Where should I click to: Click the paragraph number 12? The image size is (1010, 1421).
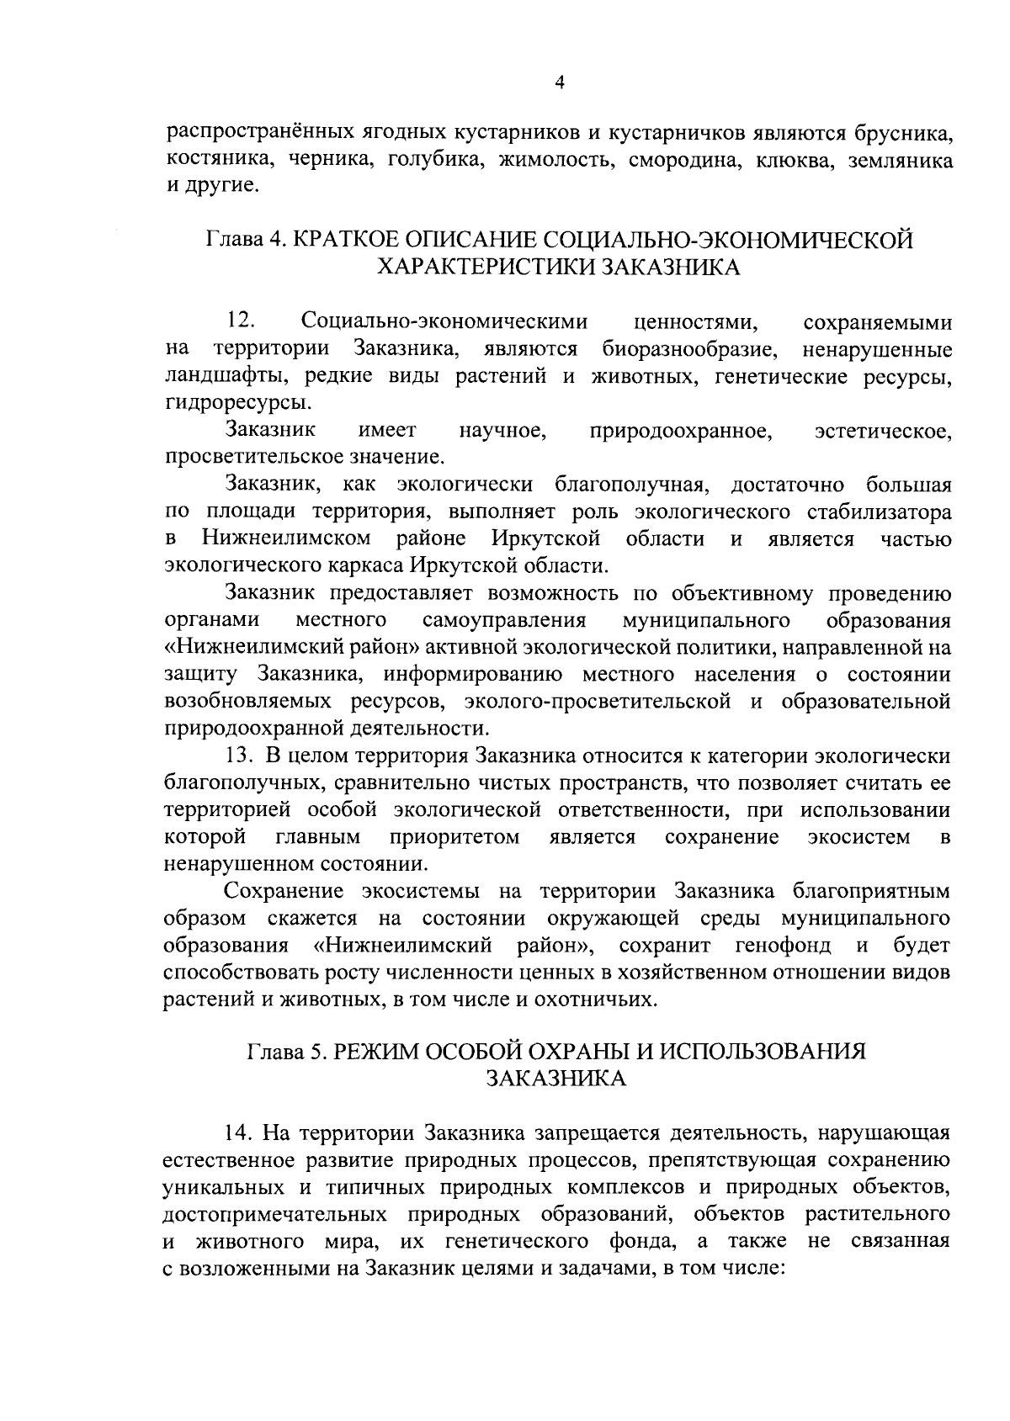click(x=241, y=321)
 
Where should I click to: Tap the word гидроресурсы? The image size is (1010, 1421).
click(x=231, y=402)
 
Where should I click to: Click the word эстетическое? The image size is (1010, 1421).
click(x=884, y=432)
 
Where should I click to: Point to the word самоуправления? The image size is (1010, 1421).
click(x=503, y=621)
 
